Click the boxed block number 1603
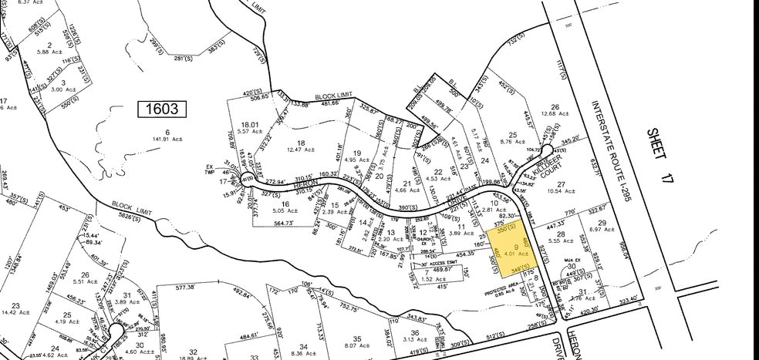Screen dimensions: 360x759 [163, 109]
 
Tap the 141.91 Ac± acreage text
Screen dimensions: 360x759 [166, 140]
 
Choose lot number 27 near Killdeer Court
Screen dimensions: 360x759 [561, 183]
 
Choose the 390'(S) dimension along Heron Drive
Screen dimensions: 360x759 [422, 209]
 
